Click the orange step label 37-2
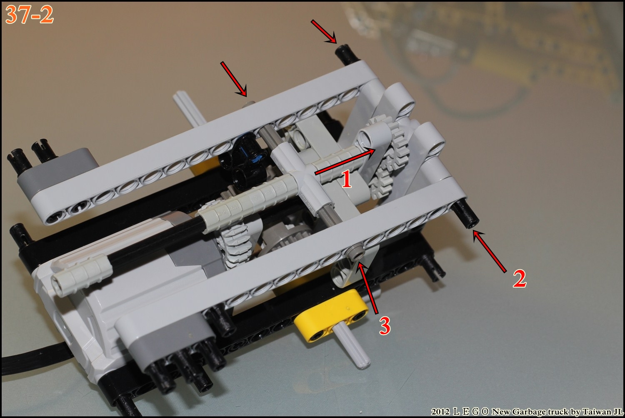[29, 15]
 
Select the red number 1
[346, 179]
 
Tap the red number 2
[520, 278]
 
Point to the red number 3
[385, 326]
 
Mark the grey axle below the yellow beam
[351, 348]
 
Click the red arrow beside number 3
[368, 288]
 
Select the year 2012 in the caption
[440, 412]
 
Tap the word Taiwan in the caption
[597, 412]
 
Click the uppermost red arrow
[324, 31]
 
